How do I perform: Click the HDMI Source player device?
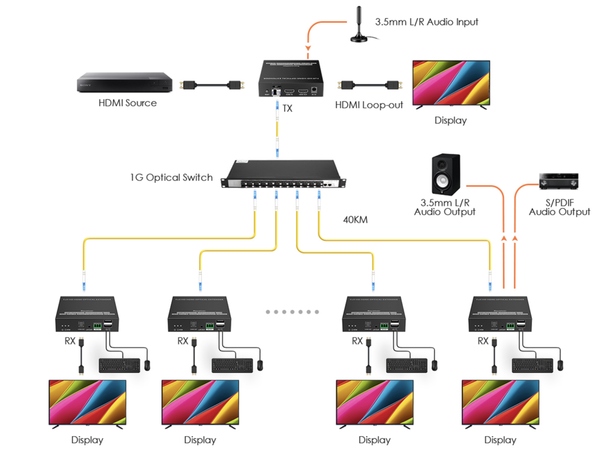point(124,82)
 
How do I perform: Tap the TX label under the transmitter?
point(287,108)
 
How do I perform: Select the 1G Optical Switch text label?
point(171,177)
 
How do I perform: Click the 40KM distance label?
point(355,220)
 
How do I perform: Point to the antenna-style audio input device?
point(359,26)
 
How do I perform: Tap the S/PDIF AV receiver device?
point(558,181)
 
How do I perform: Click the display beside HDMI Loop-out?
point(451,83)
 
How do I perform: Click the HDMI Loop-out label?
point(369,105)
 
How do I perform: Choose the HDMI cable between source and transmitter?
point(212,85)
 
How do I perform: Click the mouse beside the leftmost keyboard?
point(147,365)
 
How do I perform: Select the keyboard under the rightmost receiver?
point(532,365)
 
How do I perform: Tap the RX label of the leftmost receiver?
point(70,341)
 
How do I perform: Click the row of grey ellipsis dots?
point(292,312)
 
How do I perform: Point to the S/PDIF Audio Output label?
point(559,208)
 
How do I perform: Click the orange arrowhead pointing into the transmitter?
point(308,48)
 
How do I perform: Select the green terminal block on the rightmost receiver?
point(510,326)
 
